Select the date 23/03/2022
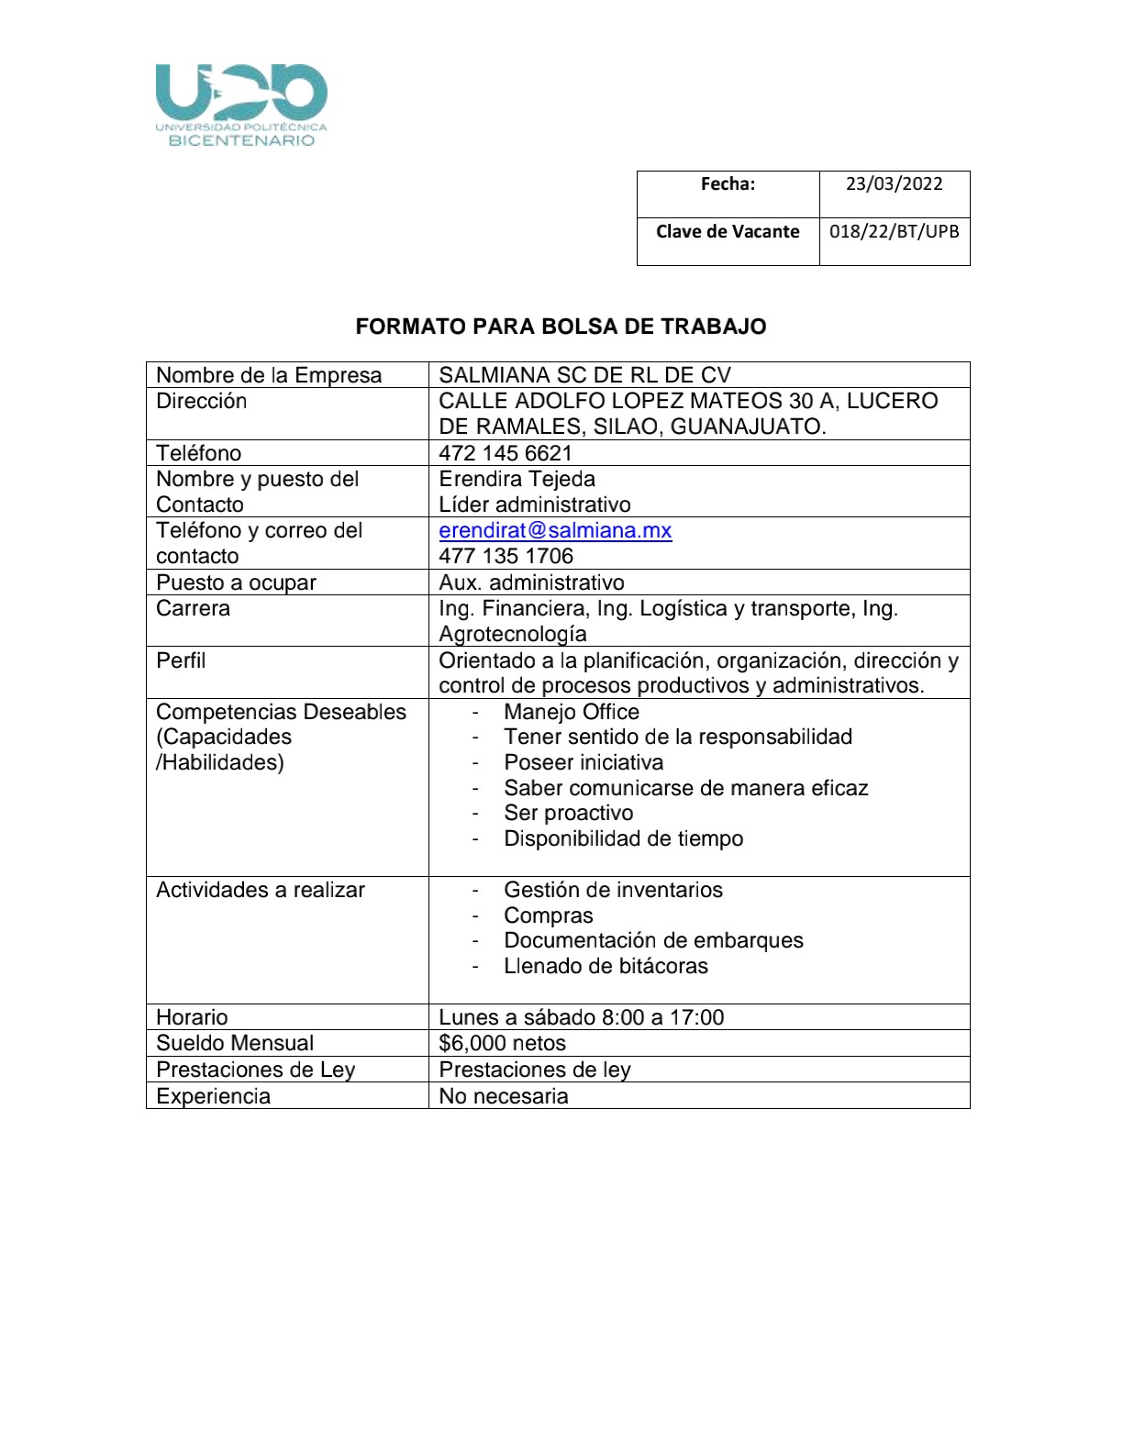click(x=894, y=183)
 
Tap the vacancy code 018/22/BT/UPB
click(x=894, y=231)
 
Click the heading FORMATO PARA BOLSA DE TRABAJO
click(x=561, y=327)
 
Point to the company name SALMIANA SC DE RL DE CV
click(x=584, y=375)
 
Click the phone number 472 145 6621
click(x=505, y=453)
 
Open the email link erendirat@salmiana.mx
click(x=555, y=530)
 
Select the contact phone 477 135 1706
click(x=506, y=556)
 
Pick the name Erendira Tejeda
click(x=517, y=479)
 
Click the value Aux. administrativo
click(x=531, y=582)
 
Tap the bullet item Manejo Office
click(x=571, y=712)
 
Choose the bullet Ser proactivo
click(x=568, y=813)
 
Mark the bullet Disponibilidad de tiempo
click(x=623, y=838)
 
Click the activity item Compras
click(x=548, y=915)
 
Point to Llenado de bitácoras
click(x=606, y=966)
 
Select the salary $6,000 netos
click(x=502, y=1043)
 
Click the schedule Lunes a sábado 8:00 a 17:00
click(x=581, y=1017)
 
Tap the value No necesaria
click(x=503, y=1096)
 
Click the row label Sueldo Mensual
click(x=234, y=1043)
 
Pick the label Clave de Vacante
click(x=728, y=231)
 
